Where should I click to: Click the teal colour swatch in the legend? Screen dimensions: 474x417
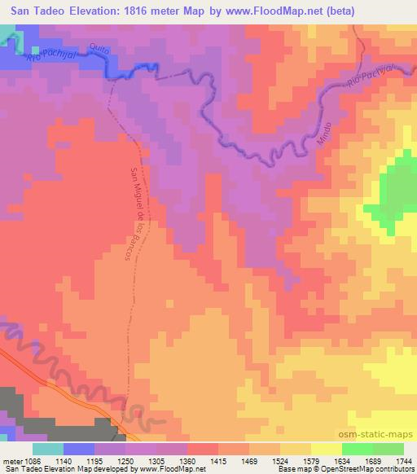[48, 449]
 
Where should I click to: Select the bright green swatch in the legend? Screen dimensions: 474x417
[357, 449]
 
